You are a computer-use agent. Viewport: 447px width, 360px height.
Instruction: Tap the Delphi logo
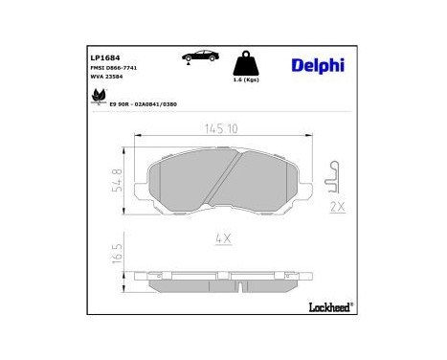click(315, 65)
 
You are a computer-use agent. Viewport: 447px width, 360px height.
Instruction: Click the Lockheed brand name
click(324, 306)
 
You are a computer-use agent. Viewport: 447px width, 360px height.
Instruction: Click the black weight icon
click(248, 64)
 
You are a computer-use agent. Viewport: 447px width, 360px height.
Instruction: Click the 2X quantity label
click(336, 207)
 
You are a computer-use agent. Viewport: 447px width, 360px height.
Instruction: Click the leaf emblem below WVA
click(96, 96)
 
